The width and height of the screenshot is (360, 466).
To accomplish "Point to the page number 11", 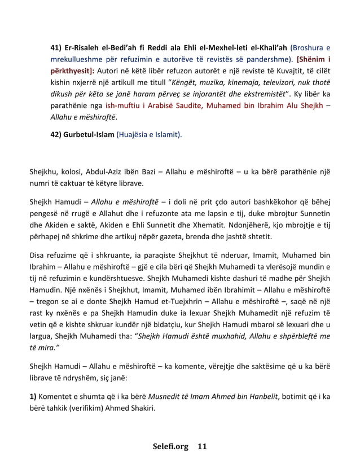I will coord(202,447).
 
